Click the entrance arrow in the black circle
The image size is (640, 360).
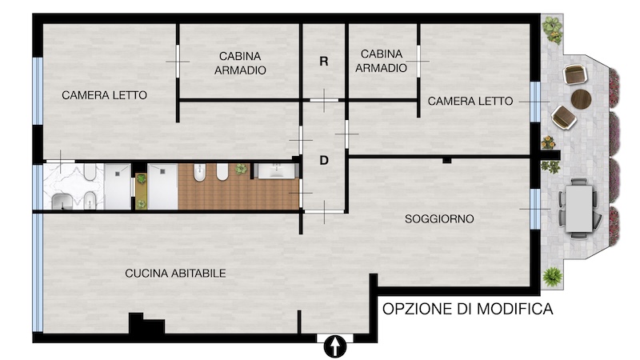334,347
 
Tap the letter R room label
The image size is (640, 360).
324,62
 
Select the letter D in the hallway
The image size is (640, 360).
324,161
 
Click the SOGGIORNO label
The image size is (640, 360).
439,218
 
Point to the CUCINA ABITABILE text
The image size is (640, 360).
175,273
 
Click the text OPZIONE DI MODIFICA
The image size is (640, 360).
468,309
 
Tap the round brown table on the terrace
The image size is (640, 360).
582,98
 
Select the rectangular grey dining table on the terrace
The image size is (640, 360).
578,209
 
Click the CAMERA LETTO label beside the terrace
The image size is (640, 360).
470,101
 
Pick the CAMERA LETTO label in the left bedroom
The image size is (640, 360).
105,95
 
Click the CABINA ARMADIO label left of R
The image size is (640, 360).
240,63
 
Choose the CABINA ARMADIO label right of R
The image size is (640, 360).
381,61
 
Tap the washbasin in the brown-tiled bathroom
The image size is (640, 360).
277,171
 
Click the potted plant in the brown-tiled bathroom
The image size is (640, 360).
241,169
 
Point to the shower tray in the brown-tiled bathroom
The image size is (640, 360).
162,186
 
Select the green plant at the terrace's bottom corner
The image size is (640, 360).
553,276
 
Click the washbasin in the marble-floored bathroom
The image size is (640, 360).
62,202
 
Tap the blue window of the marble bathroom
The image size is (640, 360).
38,187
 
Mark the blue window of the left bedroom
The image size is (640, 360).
38,91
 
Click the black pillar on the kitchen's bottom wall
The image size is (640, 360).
146,324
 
